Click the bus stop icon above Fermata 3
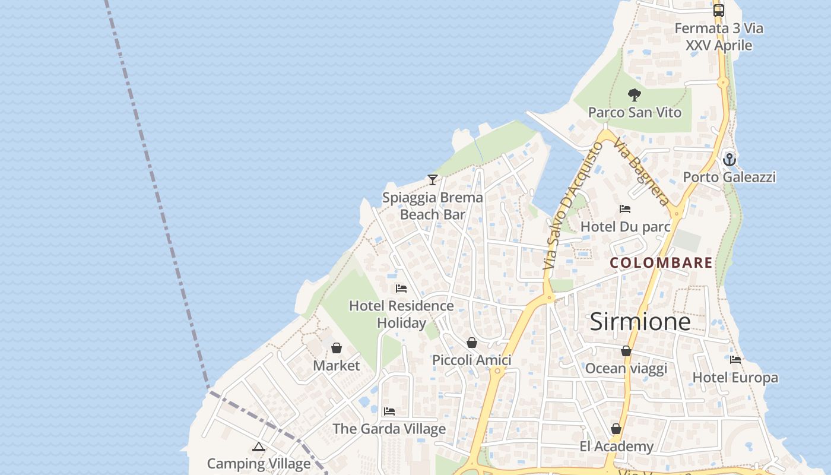[719, 10]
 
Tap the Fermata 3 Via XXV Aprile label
[719, 37]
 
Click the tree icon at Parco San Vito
[635, 94]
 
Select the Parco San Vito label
[635, 112]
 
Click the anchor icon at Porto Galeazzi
[729, 159]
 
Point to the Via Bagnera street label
[642, 172]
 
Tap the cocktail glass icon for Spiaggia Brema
[433, 179]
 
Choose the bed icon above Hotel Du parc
[624, 209]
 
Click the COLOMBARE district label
[661, 262]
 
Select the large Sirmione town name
[640, 321]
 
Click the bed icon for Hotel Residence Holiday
[401, 289]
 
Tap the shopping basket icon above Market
[337, 348]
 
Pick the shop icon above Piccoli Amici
[472, 343]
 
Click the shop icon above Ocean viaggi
[626, 351]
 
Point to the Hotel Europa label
[735, 378]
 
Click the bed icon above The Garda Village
[389, 411]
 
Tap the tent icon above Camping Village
[258, 446]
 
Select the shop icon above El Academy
[616, 429]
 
